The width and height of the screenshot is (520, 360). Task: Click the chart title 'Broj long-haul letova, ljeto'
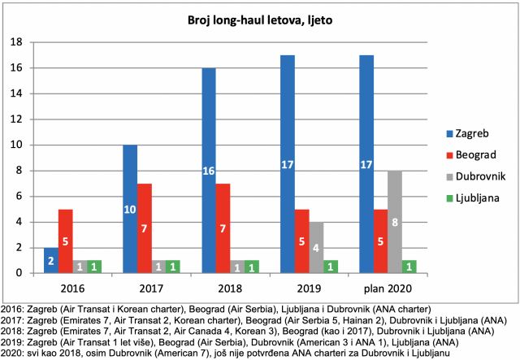(260, 20)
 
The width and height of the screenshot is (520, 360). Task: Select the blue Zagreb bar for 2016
(51, 261)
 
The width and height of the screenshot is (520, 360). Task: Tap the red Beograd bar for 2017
(145, 228)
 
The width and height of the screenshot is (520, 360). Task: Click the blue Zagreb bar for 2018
(209, 171)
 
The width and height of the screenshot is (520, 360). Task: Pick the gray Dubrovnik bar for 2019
(316, 248)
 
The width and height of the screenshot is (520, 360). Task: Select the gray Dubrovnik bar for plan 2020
(395, 222)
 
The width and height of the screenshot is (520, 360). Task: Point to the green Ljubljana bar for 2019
(331, 267)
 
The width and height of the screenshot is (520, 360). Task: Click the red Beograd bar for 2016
(65, 241)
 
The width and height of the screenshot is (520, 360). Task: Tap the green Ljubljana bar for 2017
(173, 267)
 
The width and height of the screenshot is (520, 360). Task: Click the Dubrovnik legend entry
(476, 176)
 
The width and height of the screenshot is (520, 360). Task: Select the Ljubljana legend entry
(473, 198)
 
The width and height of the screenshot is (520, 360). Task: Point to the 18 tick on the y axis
(16, 42)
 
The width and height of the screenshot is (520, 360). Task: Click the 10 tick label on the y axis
(16, 145)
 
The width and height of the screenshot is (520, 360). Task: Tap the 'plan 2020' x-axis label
(388, 288)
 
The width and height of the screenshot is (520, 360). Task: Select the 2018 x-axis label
(230, 288)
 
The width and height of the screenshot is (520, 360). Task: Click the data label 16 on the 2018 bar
(209, 171)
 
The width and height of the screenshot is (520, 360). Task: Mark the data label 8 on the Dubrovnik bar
(395, 223)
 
